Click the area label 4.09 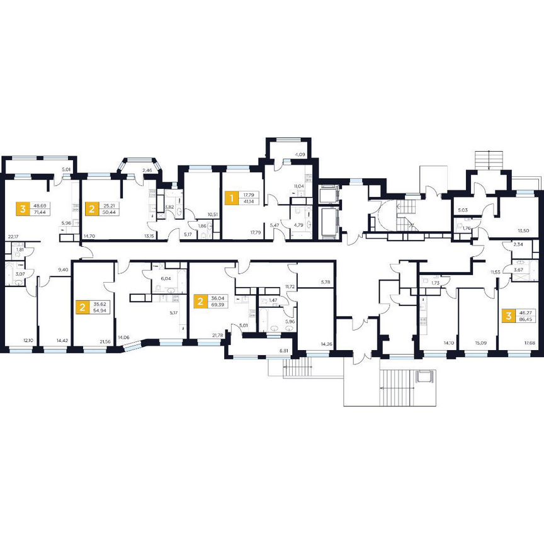(x=300, y=154)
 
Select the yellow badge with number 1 (x=231, y=198)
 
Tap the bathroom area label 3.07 (x=20, y=274)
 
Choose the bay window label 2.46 (x=147, y=170)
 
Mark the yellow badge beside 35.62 (x=82, y=307)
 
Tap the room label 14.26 (x=326, y=344)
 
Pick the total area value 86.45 (x=524, y=319)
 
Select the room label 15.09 (x=479, y=344)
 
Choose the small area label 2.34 (x=518, y=244)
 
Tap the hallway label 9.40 (x=62, y=269)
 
